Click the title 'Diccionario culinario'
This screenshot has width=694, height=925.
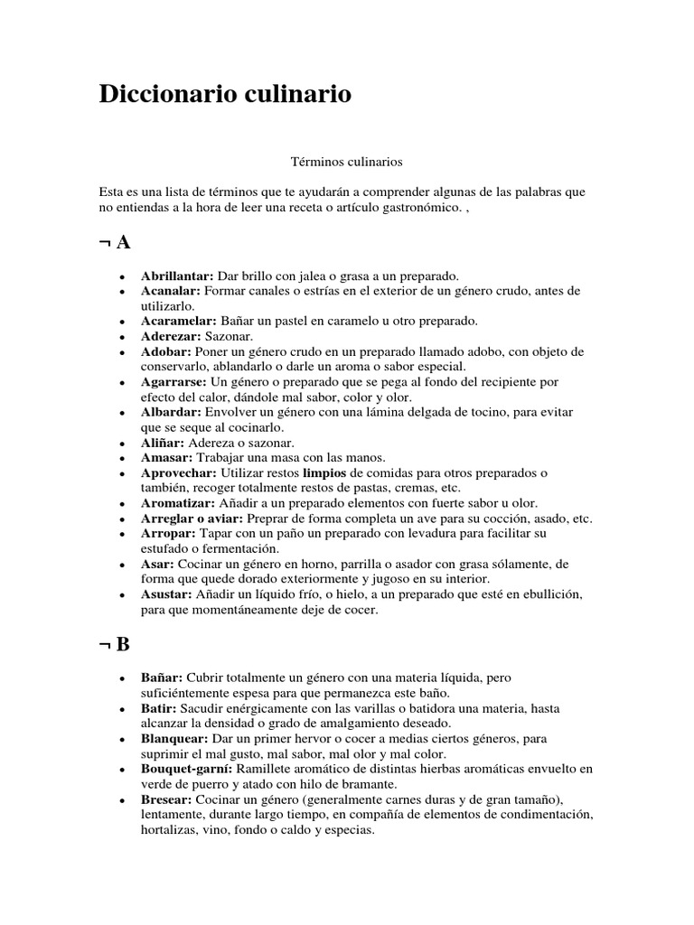tap(225, 95)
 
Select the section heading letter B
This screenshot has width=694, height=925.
tap(124, 645)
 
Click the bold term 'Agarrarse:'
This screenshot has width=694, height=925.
tap(175, 382)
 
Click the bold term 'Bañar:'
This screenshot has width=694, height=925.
tap(162, 677)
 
